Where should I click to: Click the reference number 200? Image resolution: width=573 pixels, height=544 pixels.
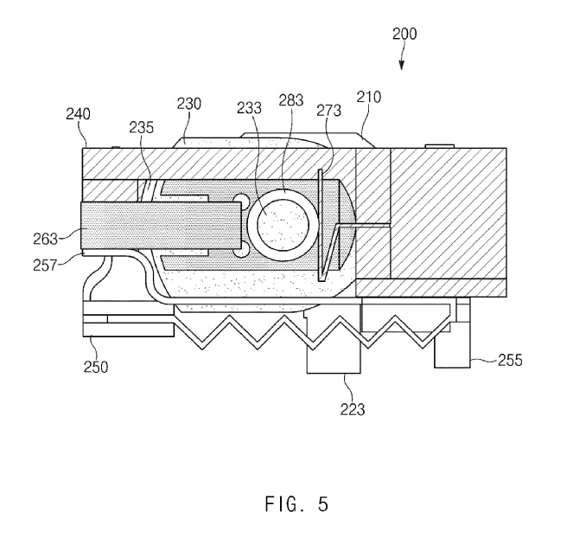[404, 34]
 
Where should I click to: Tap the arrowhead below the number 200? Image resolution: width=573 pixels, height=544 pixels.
[402, 66]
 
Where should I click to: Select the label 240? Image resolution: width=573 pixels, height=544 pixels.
[78, 114]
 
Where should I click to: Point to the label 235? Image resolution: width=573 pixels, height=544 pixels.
[142, 128]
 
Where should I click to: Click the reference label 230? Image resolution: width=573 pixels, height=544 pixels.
[189, 104]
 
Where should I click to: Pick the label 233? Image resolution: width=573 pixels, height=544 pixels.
[249, 108]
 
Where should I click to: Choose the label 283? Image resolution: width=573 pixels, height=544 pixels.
[291, 100]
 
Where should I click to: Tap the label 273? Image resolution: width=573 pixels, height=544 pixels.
[329, 110]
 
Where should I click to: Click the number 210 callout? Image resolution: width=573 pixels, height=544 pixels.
[369, 97]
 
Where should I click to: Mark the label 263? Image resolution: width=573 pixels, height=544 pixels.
[46, 239]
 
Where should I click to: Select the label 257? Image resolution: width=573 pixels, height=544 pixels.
[45, 265]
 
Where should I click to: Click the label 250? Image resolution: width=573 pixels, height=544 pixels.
[96, 367]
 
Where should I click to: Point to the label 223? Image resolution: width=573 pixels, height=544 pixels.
[353, 409]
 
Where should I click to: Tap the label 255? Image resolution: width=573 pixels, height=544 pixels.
[510, 360]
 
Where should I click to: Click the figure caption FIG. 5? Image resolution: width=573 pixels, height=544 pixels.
[296, 504]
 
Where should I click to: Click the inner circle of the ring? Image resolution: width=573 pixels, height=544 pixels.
[283, 225]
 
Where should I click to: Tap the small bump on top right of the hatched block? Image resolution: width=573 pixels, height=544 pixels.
[440, 146]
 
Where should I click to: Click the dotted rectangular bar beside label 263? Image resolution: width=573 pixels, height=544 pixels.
[161, 226]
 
